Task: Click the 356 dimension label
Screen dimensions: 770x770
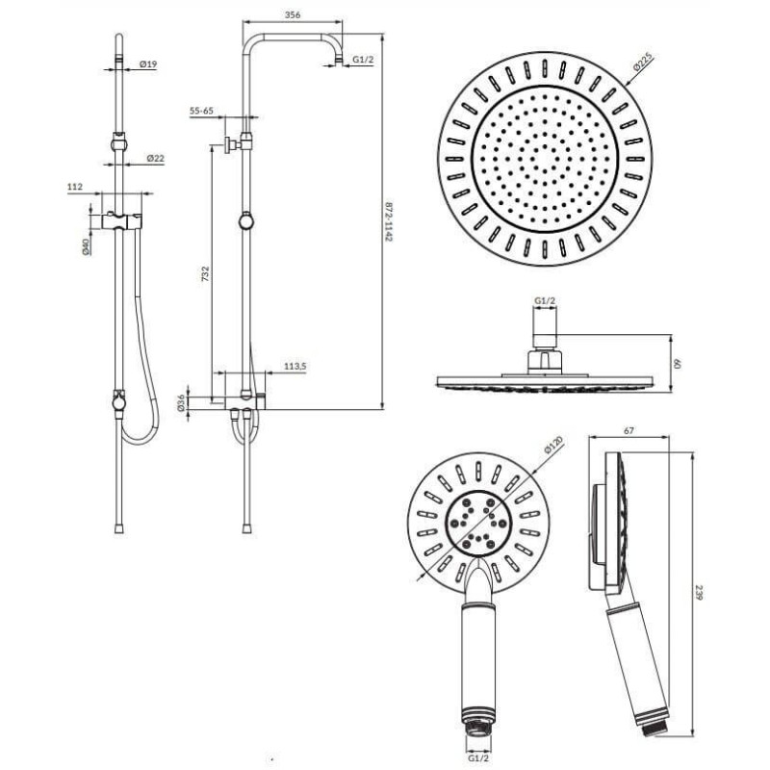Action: point(293,14)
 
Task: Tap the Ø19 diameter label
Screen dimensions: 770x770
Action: point(148,64)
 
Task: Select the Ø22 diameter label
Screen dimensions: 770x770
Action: point(155,158)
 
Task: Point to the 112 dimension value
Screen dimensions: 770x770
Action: point(75,187)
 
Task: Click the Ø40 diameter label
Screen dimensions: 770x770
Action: point(86,247)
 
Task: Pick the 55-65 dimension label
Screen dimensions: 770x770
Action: point(202,111)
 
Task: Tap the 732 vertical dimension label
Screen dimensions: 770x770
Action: point(206,273)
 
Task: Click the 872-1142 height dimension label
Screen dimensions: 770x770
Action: point(389,221)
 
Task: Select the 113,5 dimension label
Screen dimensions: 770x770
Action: point(295,366)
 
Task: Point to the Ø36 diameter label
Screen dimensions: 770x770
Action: point(181,402)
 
